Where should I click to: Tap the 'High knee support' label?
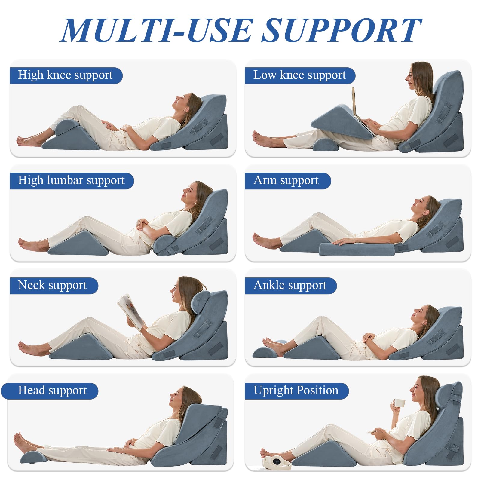[x=65, y=75]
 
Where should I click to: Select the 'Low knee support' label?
[x=299, y=75]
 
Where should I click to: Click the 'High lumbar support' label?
[x=71, y=180]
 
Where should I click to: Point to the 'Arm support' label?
[x=286, y=180]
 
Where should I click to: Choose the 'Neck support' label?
[x=52, y=285]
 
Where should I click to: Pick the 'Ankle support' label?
[x=290, y=285]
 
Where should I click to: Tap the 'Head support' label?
[x=52, y=391]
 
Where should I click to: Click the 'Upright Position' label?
[x=296, y=391]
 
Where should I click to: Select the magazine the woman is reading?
[x=131, y=311]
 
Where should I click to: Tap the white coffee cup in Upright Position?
[x=399, y=403]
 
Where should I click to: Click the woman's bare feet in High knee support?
[x=27, y=141]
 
